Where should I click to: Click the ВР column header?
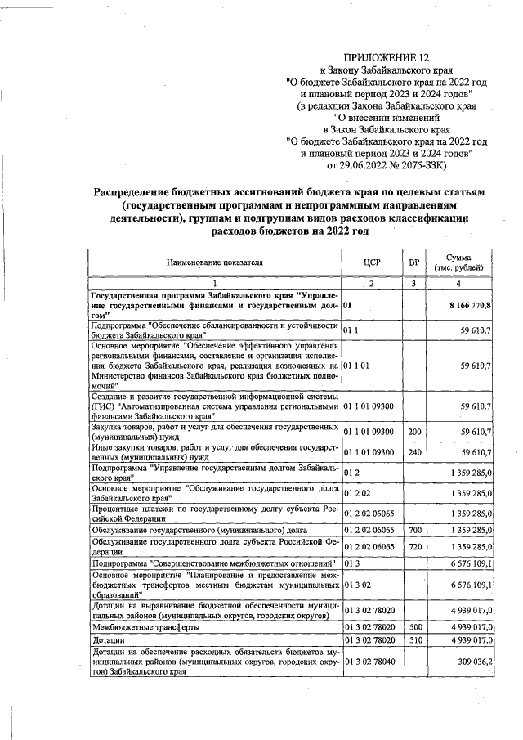414,262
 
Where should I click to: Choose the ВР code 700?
414,531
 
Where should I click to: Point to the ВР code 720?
414,546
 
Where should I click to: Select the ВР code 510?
414,639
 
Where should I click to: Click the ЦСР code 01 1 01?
356,366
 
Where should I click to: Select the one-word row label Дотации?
109,639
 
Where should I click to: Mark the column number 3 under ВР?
414,283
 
